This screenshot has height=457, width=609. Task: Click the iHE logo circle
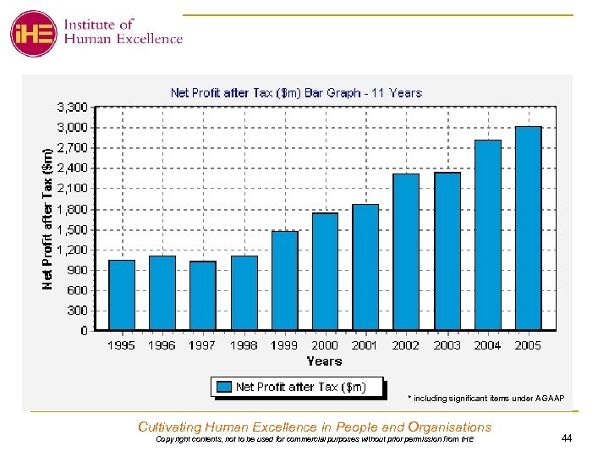click(x=34, y=34)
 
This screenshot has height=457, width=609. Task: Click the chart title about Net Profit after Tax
click(x=296, y=93)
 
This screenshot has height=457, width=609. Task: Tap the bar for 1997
click(x=203, y=295)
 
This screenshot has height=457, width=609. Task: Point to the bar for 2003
click(x=447, y=251)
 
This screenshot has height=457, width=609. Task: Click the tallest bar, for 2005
click(x=529, y=228)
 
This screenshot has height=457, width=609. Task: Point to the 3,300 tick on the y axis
click(x=72, y=107)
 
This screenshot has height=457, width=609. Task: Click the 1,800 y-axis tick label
click(x=72, y=209)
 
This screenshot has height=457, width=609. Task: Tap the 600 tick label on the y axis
click(x=77, y=290)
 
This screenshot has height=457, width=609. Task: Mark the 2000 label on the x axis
click(x=325, y=345)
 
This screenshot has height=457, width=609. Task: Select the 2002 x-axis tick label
click(x=406, y=345)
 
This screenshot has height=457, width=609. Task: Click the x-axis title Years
click(x=324, y=361)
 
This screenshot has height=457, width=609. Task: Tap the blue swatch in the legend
click(x=224, y=388)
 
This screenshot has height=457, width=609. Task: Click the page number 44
click(x=567, y=438)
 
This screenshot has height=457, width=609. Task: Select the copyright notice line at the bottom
click(x=315, y=439)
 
